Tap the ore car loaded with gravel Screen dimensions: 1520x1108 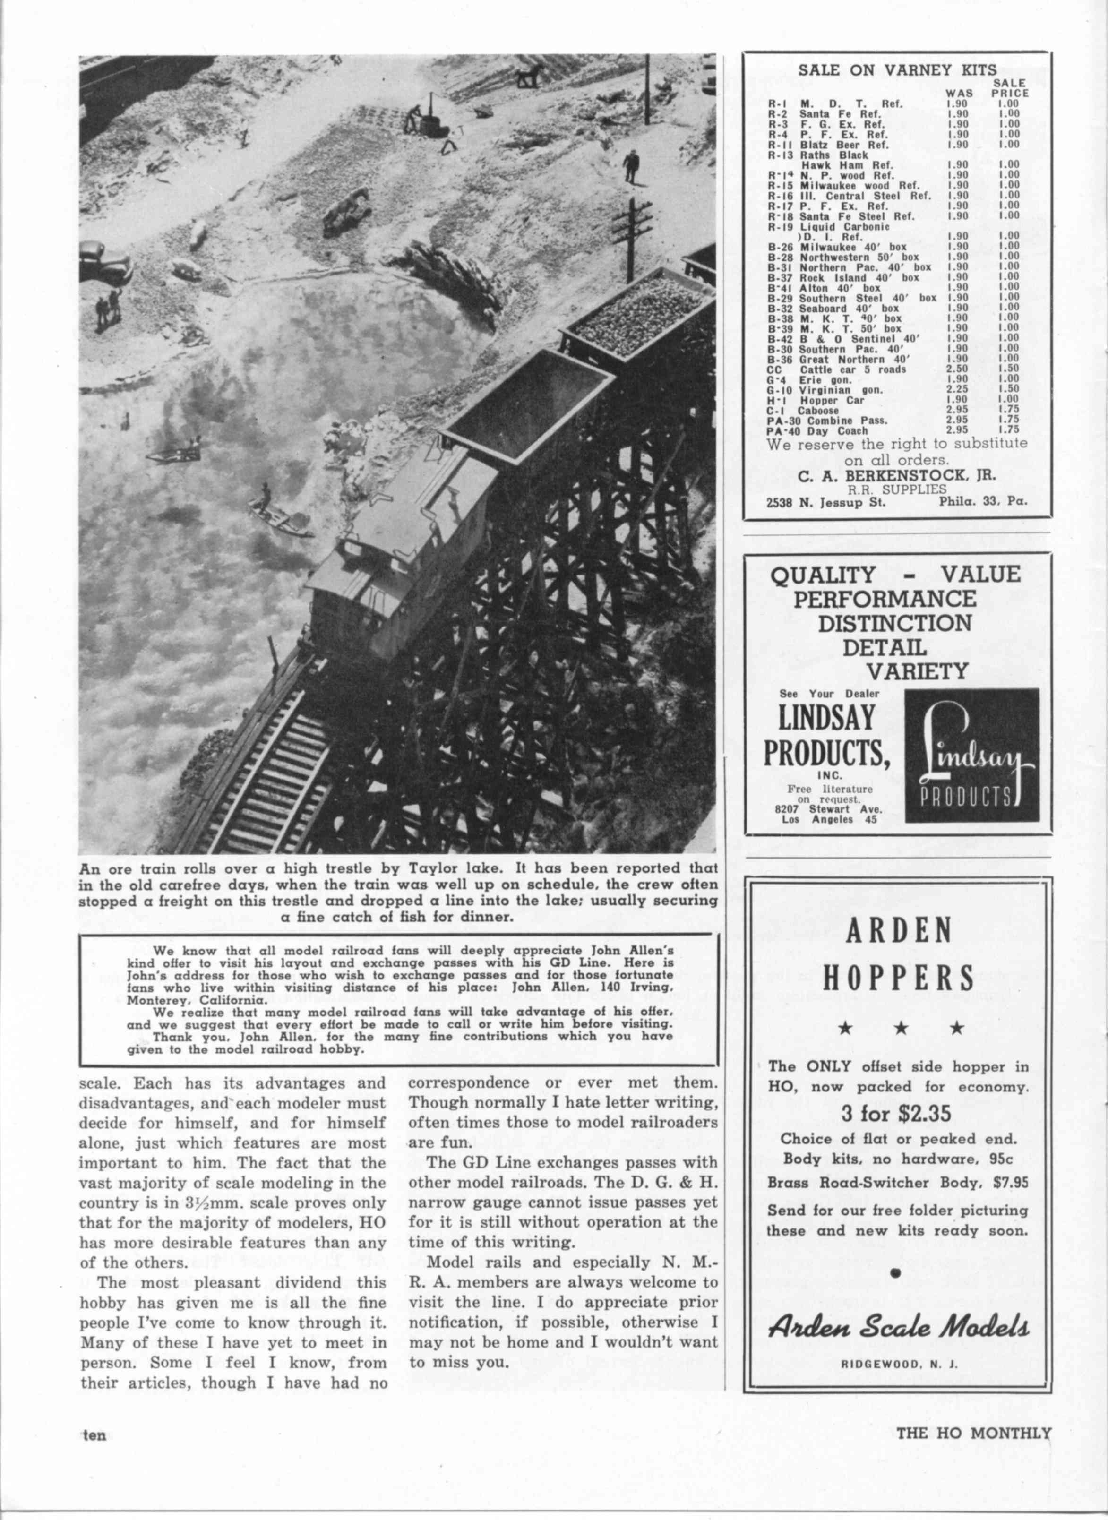click(637, 315)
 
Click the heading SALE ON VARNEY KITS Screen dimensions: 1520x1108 click(897, 70)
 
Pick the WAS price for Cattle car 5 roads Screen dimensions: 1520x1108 click(956, 369)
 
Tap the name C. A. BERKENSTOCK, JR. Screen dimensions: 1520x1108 click(897, 475)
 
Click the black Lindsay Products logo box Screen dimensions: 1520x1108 click(971, 756)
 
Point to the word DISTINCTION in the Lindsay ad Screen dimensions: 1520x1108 click(895, 622)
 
